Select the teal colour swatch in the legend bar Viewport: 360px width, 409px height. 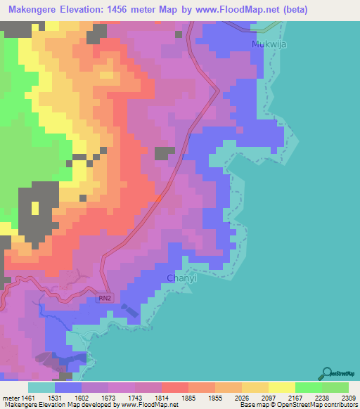click(41, 387)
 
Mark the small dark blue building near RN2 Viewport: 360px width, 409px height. click(129, 311)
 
